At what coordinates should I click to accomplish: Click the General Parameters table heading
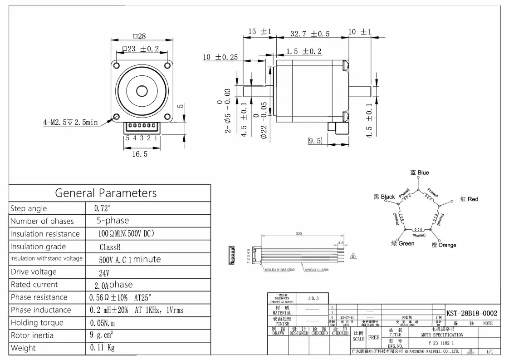tap(106, 193)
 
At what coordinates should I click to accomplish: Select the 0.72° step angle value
tap(103, 209)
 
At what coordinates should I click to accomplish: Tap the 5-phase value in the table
tap(113, 221)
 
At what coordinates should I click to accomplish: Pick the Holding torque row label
tap(37, 323)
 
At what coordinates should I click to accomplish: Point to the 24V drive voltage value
tap(104, 273)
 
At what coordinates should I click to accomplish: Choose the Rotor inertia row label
tap(32, 335)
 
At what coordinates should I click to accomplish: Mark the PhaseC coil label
tap(419, 236)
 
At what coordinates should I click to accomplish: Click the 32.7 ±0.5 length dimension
tap(310, 34)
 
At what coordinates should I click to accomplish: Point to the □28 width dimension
tap(139, 37)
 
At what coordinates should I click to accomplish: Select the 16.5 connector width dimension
tap(140, 154)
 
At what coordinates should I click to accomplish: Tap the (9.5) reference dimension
tap(315, 141)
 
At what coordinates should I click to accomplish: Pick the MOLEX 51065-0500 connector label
tap(281, 270)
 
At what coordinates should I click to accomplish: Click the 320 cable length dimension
tap(299, 234)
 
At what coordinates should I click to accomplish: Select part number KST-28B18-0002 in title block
tap(472, 313)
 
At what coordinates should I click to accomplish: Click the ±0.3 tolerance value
tap(313, 298)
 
